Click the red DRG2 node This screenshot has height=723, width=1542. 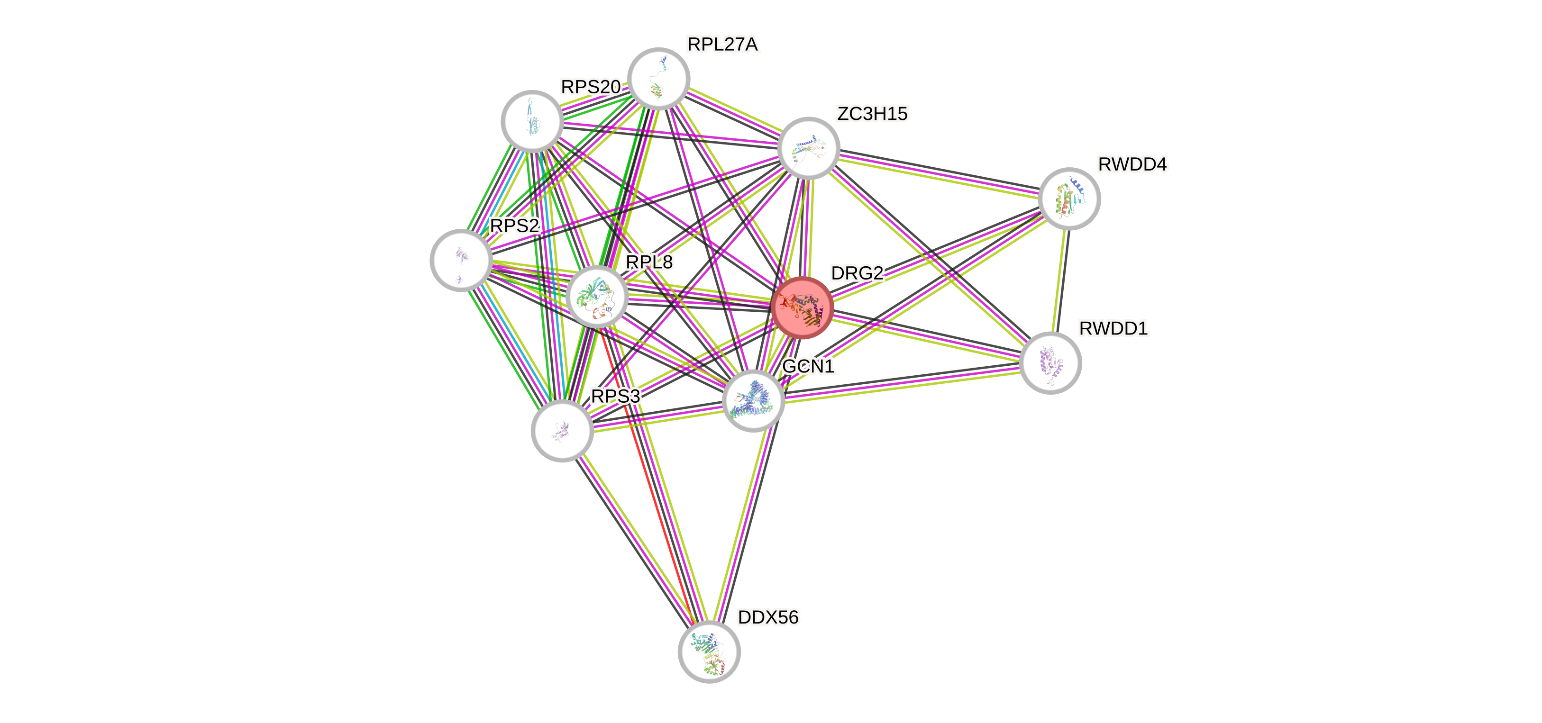point(802,307)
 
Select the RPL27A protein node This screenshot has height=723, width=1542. point(659,78)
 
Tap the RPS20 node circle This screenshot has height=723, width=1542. point(531,121)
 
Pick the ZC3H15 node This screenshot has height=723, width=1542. point(808,148)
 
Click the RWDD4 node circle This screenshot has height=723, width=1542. point(1069,199)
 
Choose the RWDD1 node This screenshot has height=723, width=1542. point(1050,363)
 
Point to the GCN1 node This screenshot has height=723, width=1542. point(753,400)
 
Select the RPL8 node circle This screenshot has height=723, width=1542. point(597,296)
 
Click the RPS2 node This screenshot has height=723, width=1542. point(461,260)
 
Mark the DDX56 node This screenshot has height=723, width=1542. point(709,652)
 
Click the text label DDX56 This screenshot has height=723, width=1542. point(768,617)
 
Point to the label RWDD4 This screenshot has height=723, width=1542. point(1132,164)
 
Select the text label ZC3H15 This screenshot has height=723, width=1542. point(872,113)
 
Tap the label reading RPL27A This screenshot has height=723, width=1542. point(722,44)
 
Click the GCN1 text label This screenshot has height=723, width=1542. point(808,366)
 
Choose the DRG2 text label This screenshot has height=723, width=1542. point(857,273)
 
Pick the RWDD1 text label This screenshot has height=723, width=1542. point(1113,328)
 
